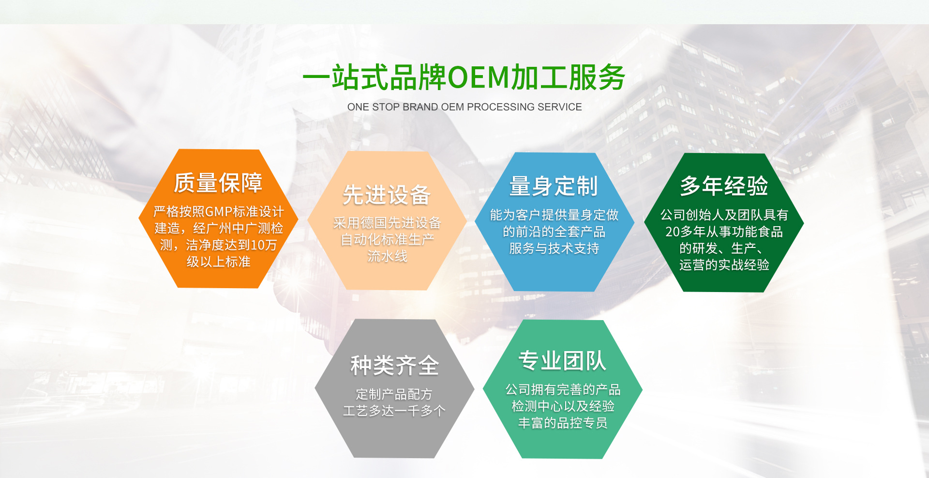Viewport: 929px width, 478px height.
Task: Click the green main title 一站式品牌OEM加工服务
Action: (464, 77)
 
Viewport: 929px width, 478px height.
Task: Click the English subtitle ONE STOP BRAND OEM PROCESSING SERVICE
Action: (464, 107)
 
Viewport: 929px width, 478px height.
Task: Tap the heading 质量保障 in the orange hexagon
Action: (218, 183)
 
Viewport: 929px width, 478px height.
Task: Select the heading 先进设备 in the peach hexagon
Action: (387, 195)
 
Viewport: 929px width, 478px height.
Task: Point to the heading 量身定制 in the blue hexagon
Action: (554, 186)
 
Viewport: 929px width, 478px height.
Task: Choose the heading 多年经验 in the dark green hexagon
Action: (724, 185)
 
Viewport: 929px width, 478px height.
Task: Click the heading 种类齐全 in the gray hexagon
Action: (395, 365)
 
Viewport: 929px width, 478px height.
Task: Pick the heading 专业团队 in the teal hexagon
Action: (562, 361)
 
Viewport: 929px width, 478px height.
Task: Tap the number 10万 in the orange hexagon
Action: (264, 245)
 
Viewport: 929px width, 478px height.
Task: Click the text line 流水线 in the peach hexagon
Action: (387, 256)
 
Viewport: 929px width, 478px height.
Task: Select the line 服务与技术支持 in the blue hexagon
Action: (554, 248)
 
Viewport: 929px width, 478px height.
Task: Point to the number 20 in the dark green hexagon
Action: (673, 232)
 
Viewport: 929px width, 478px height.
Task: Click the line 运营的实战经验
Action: (724, 265)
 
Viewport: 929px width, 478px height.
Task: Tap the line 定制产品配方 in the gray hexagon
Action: (394, 394)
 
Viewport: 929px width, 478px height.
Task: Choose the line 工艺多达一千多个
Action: (394, 411)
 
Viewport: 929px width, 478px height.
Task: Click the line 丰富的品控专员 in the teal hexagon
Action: (563, 423)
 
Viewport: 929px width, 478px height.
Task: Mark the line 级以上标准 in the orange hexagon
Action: (219, 262)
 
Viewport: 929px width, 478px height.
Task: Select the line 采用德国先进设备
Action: (387, 223)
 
